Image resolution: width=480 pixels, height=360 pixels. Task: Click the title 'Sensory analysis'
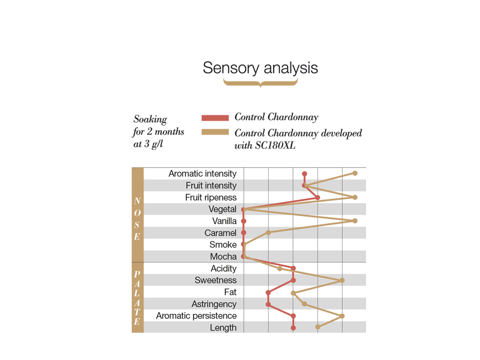coord(260,68)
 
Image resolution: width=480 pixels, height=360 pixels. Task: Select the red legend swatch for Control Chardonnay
coord(215,118)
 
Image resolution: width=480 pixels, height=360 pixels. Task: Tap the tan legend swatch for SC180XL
coord(215,132)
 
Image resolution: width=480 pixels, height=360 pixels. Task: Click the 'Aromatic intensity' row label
coord(202,174)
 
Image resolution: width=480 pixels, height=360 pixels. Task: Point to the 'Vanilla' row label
coord(224,221)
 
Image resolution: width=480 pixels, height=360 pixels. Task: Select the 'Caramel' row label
coord(220,233)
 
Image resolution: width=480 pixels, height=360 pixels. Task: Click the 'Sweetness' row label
coord(216,280)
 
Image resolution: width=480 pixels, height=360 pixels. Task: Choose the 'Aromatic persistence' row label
coord(196,316)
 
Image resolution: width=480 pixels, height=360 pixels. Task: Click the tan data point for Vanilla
coord(355,221)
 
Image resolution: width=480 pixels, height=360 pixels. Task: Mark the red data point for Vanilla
coord(244,221)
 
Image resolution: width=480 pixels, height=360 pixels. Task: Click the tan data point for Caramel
coord(269,232)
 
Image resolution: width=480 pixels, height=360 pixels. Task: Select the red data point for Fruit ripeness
coord(318,197)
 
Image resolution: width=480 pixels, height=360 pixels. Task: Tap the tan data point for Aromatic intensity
coord(355,173)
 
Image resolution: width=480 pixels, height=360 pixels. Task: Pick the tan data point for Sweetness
coord(342,280)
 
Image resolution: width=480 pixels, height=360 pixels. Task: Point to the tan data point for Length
coord(318,327)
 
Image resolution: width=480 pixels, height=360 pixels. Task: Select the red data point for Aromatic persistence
coord(293,316)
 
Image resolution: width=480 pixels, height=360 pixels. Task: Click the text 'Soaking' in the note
coord(150,120)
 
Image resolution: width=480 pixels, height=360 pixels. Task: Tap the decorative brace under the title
coord(260,83)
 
